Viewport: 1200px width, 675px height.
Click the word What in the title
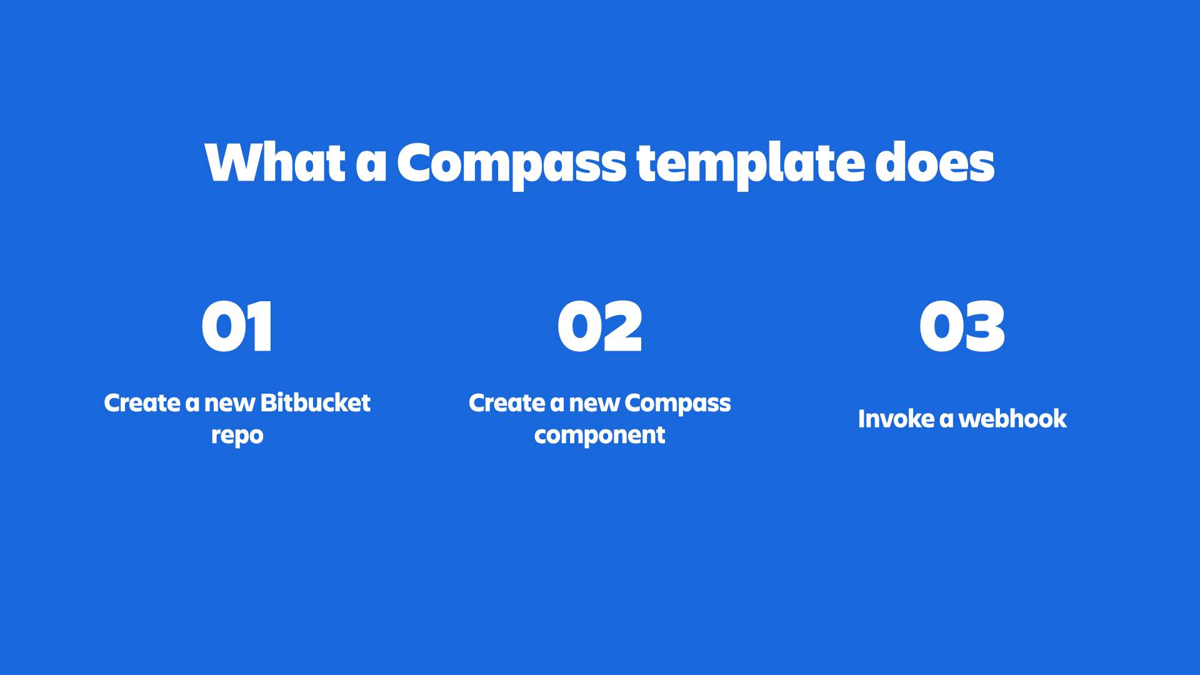pyautogui.click(x=275, y=162)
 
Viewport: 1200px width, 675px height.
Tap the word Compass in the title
pyautogui.click(x=511, y=164)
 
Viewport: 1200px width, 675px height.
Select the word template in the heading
pyautogui.click(x=749, y=164)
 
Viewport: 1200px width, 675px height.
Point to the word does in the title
pyautogui.click(x=934, y=162)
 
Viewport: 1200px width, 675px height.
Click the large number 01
pyautogui.click(x=237, y=326)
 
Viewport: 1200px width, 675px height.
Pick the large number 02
pyautogui.click(x=600, y=326)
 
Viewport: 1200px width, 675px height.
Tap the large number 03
pyautogui.click(x=962, y=326)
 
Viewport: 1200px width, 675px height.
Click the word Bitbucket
pyautogui.click(x=316, y=403)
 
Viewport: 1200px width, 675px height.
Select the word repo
pyautogui.click(x=237, y=436)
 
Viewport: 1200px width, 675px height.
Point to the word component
pyautogui.click(x=599, y=436)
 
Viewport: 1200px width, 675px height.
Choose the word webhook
pyautogui.click(x=1012, y=419)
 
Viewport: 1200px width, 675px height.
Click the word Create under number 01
pyautogui.click(x=142, y=403)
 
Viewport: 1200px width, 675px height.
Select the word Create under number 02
pyautogui.click(x=507, y=403)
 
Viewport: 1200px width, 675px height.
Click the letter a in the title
pyautogui.click(x=371, y=165)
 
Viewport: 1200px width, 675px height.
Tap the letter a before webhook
pyautogui.click(x=946, y=420)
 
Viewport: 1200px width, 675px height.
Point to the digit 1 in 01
pyautogui.click(x=261, y=326)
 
